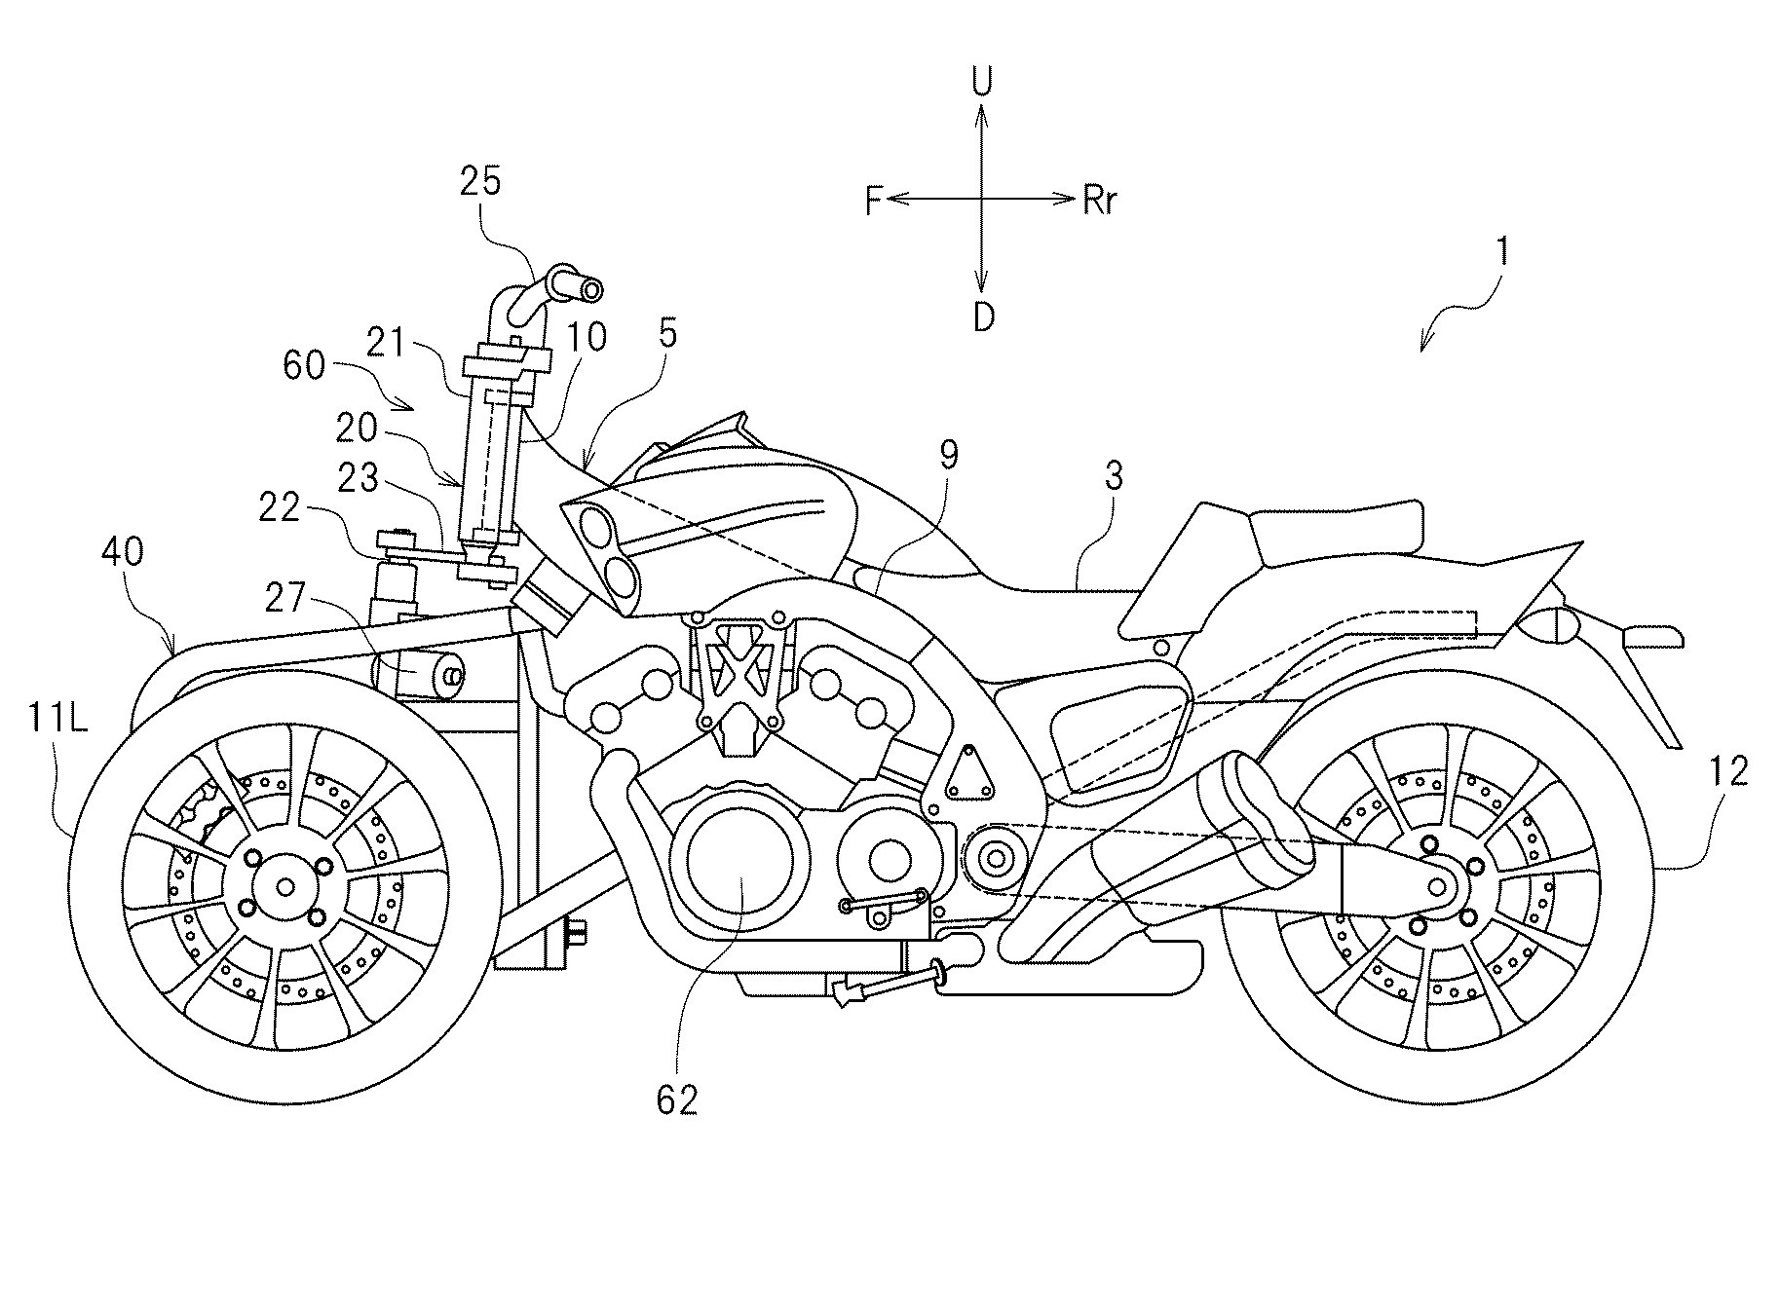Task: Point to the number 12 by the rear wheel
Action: (1727, 772)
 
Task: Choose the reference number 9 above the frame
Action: (948, 455)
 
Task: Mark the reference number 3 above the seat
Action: (1113, 476)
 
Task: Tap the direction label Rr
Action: (1099, 201)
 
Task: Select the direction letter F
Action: (873, 201)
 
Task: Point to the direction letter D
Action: (983, 317)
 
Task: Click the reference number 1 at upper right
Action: (1501, 253)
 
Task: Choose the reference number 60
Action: (304, 366)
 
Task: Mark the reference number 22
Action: (279, 507)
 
